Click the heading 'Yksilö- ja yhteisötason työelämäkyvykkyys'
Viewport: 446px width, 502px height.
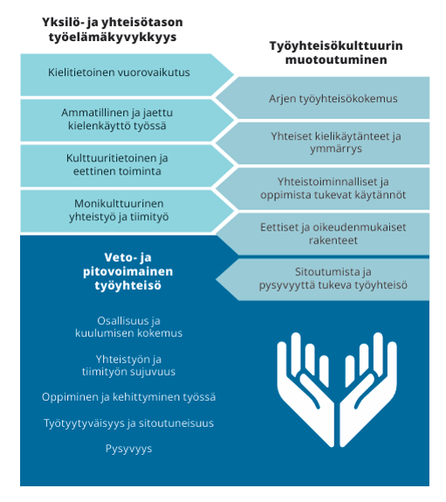point(113,30)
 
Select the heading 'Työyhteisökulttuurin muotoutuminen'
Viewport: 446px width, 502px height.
point(336,52)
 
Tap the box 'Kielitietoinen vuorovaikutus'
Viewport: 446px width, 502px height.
point(127,75)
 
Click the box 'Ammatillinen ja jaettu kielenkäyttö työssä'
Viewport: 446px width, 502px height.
point(127,120)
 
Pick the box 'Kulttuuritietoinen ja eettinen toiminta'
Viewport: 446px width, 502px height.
point(127,166)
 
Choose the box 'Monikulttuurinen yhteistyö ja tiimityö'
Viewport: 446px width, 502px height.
point(127,211)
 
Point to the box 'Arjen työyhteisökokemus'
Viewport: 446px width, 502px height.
point(323,98)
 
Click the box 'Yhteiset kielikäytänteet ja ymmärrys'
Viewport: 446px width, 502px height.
point(323,143)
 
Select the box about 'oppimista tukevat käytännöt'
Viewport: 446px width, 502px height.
point(323,189)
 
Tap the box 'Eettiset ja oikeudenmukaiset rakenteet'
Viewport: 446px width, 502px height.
point(323,234)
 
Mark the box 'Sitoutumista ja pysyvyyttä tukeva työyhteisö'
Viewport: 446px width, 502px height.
point(323,279)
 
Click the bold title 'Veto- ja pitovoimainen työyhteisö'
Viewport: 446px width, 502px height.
point(128,272)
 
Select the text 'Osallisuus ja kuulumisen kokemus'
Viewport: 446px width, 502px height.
point(128,327)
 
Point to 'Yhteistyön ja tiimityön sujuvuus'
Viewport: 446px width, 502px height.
point(128,365)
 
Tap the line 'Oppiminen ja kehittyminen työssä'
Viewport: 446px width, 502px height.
point(128,397)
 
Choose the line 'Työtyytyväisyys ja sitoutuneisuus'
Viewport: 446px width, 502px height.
point(128,423)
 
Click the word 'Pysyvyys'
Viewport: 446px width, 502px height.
point(128,449)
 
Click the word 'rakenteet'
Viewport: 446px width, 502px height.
point(333,240)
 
